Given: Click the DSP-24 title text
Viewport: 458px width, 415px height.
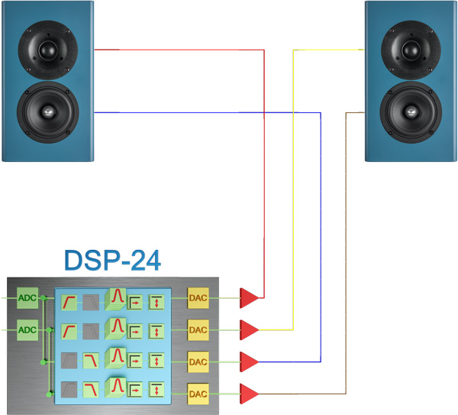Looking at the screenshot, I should [x=112, y=260].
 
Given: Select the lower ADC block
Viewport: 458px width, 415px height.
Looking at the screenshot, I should [x=27, y=329].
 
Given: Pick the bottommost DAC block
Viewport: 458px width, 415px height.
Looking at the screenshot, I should [x=198, y=394].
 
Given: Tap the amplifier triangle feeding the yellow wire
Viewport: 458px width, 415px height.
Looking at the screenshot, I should [x=249, y=329].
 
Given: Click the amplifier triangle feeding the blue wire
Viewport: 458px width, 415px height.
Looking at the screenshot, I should [x=249, y=361].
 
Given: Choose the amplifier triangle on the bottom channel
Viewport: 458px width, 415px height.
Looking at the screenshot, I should [x=249, y=394].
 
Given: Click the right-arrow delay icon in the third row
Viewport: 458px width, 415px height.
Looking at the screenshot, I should [x=135, y=362].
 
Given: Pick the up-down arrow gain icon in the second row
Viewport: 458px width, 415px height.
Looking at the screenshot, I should [x=156, y=330].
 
